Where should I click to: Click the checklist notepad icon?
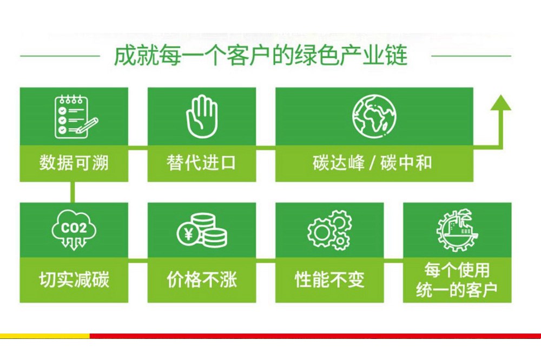pyautogui.click(x=76, y=117)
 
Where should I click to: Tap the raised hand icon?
pyautogui.click(x=202, y=117)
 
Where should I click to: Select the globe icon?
pyautogui.click(x=374, y=116)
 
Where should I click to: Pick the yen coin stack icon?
pyautogui.click(x=202, y=230)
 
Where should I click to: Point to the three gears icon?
pyautogui.click(x=329, y=230)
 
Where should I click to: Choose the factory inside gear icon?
pyautogui.click(x=457, y=230)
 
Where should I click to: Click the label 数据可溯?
pyautogui.click(x=74, y=163)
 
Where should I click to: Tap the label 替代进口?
pyautogui.click(x=201, y=163)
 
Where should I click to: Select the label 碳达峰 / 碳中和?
pyautogui.click(x=372, y=163)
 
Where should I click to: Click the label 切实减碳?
pyautogui.click(x=74, y=279)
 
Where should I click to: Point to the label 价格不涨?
pyautogui.click(x=202, y=279)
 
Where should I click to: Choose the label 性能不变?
pyautogui.click(x=329, y=279)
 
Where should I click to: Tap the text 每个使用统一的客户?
pyautogui.click(x=457, y=280)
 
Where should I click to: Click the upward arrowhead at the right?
pyautogui.click(x=500, y=103)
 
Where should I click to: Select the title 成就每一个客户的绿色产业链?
pyautogui.click(x=261, y=55)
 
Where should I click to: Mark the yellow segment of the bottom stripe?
pyautogui.click(x=45, y=336)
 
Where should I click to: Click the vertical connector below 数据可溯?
pyautogui.click(x=72, y=192)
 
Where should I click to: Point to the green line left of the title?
pyautogui.click(x=60, y=56)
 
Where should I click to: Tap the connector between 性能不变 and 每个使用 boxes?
pyautogui.click(x=393, y=263)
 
